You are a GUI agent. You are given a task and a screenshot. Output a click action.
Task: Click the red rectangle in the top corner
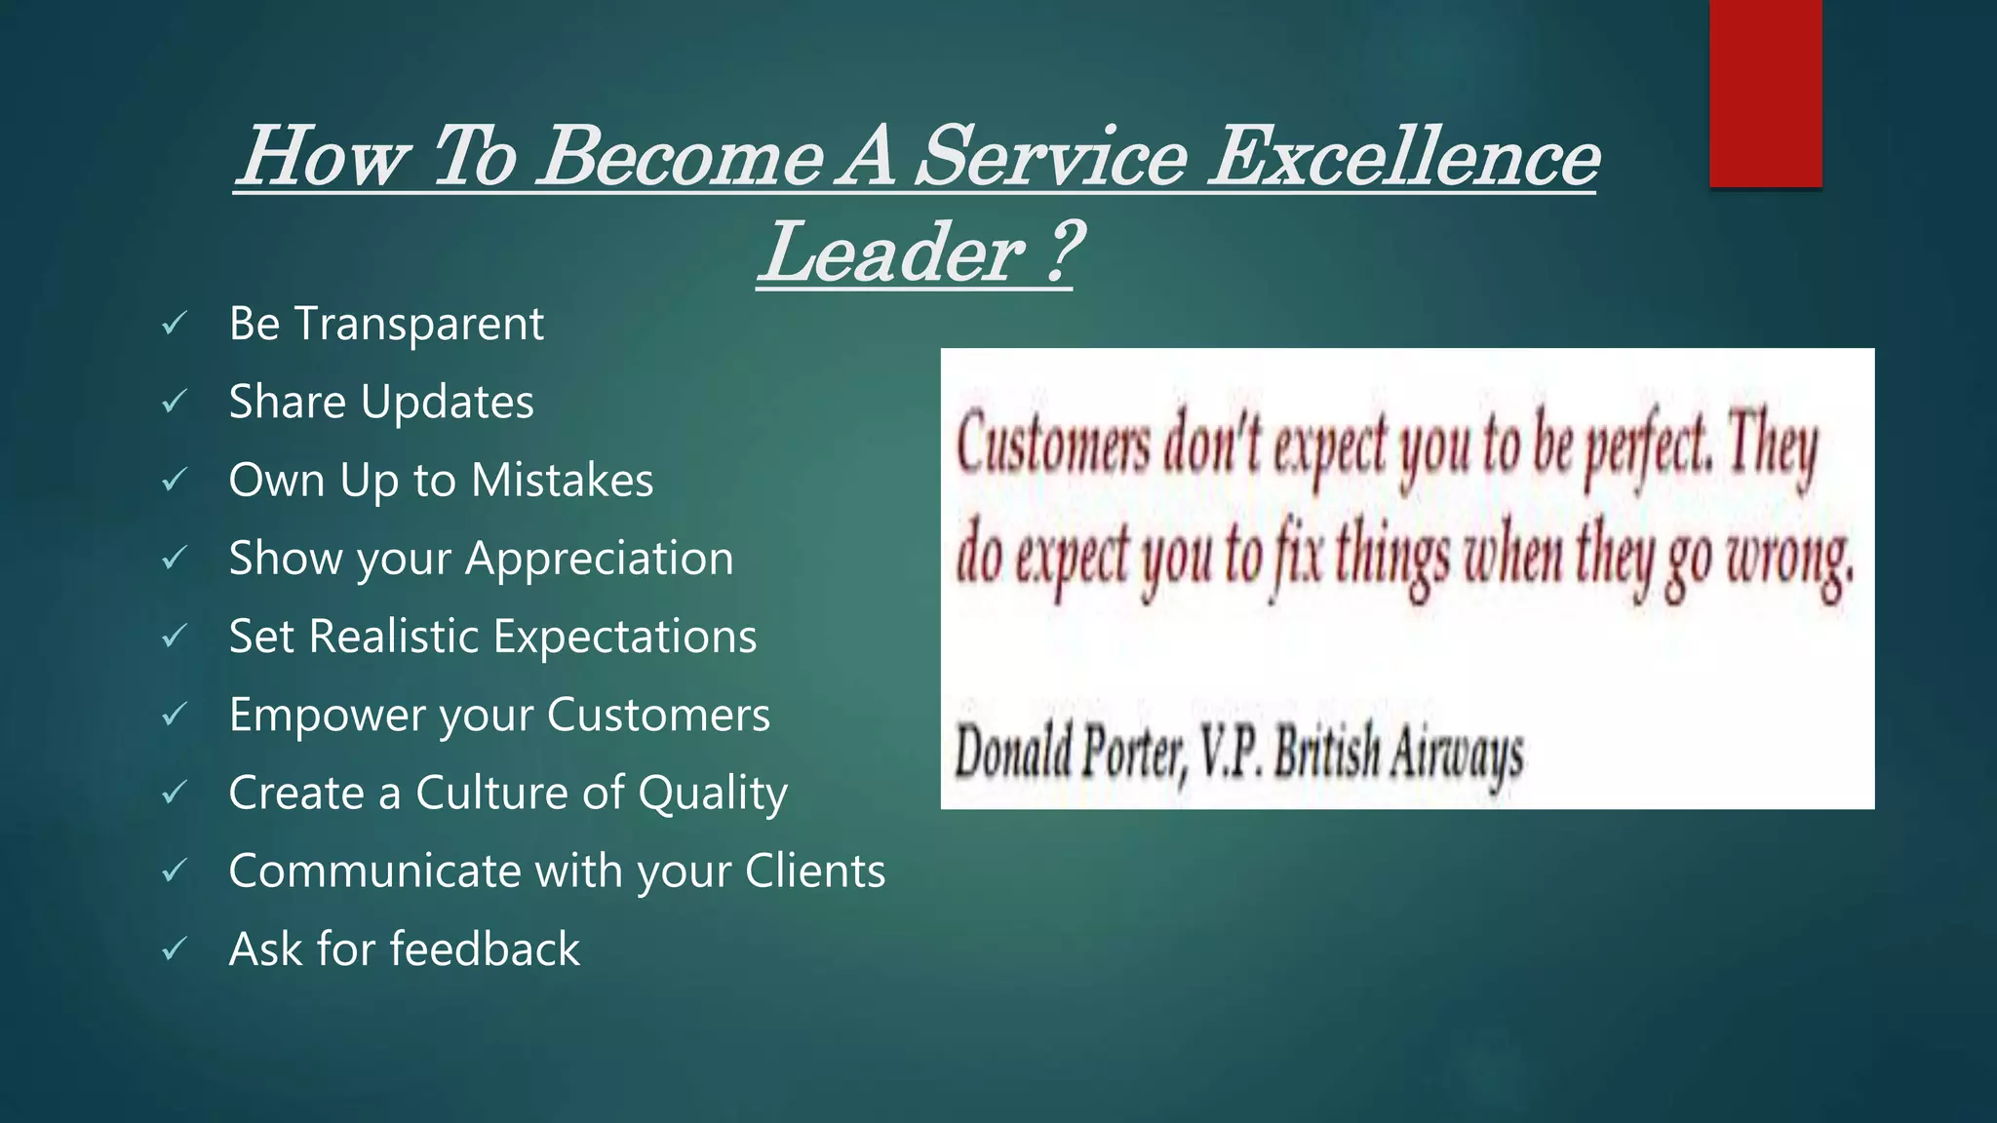[1765, 93]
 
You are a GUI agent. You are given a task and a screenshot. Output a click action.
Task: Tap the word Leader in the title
[893, 252]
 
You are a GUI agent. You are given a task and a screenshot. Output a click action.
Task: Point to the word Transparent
[418, 325]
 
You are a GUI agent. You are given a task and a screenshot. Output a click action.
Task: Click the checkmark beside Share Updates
[175, 401]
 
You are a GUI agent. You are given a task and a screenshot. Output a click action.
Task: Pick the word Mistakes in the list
[562, 481]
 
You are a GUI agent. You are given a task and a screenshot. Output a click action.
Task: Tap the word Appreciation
[599, 560]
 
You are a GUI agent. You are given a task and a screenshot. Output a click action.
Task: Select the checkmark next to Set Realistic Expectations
[175, 636]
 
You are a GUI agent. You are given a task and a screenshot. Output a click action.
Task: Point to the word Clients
[814, 871]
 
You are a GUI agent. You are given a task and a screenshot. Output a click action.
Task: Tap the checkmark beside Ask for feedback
[175, 949]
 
